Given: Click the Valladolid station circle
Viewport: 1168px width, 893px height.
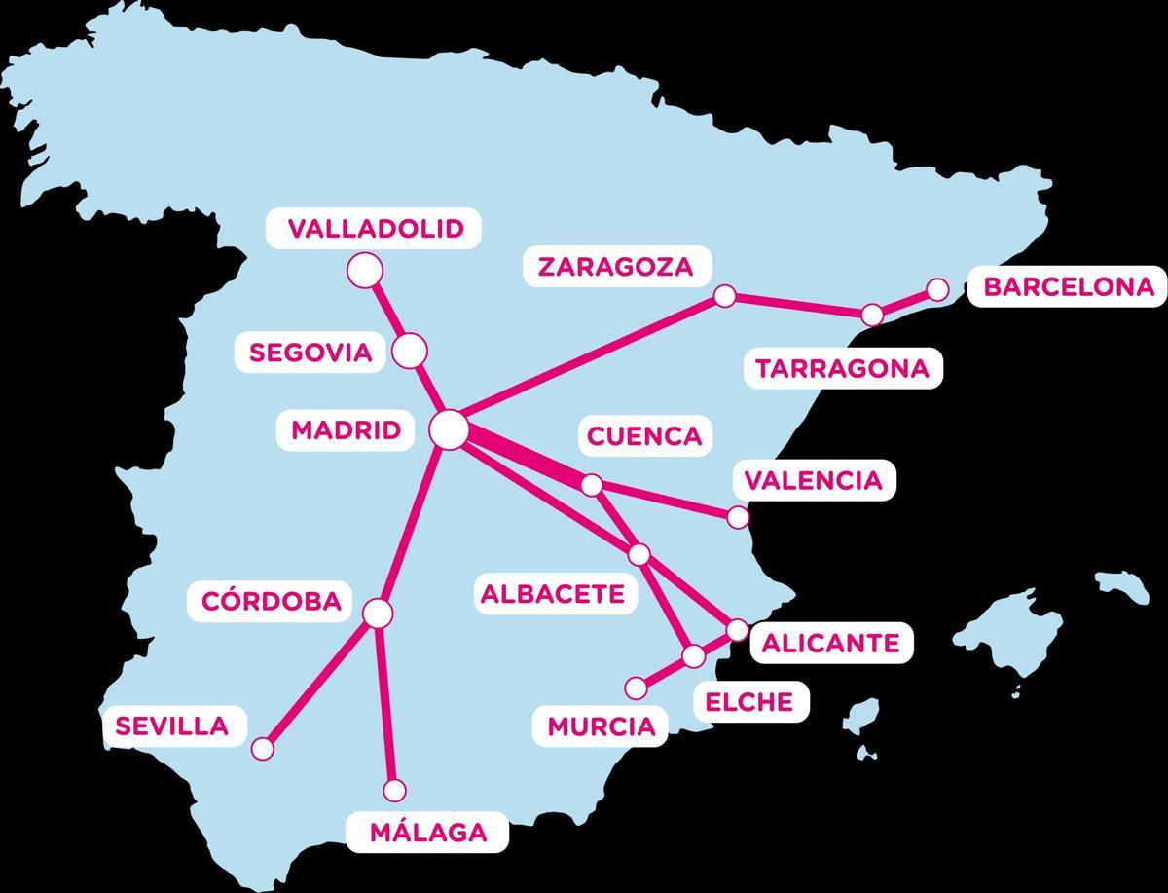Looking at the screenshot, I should click(365, 270).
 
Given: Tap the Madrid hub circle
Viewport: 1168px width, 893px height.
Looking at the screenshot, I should click(450, 429).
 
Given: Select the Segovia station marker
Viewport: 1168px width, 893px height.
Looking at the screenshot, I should click(410, 350).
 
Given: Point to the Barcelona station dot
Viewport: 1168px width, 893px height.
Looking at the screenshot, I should click(937, 289).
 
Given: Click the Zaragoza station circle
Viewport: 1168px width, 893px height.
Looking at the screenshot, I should click(724, 296).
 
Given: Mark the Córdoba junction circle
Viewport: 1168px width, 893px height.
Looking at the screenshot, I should click(378, 613).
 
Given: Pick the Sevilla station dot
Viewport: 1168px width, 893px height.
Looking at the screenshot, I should click(263, 749).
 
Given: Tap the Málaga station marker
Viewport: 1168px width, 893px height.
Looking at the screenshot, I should click(395, 790).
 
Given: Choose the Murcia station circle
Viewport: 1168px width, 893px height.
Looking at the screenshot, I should click(636, 688).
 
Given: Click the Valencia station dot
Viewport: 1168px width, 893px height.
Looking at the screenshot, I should click(739, 516).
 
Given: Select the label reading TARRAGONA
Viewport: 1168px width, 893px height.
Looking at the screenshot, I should click(843, 369).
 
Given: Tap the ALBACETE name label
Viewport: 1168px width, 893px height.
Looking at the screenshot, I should click(553, 594).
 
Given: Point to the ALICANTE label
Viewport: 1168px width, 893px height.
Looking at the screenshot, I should click(830, 643).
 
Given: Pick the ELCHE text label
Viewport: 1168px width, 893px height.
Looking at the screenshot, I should click(749, 701).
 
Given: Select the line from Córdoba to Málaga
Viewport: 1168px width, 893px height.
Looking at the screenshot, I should click(386, 701).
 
